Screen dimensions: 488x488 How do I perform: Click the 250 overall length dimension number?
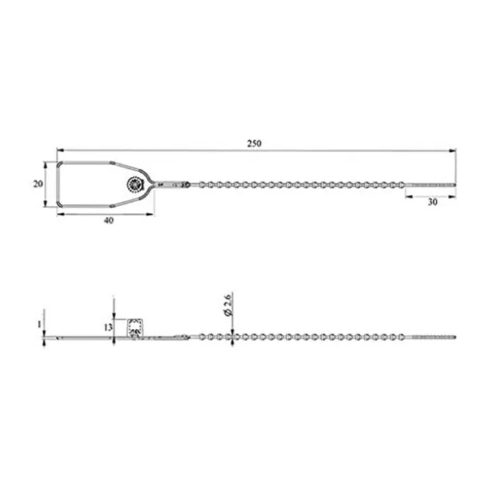[254, 143]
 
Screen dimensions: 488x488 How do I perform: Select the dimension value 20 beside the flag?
[38, 184]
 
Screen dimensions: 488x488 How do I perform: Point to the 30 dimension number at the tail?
[432, 202]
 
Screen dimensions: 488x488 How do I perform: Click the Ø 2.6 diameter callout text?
[228, 304]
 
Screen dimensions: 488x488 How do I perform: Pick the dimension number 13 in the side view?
[108, 327]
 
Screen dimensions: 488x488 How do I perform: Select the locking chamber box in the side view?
[135, 327]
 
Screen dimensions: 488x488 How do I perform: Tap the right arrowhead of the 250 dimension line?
[453, 150]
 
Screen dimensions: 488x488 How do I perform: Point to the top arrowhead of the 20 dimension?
[45, 165]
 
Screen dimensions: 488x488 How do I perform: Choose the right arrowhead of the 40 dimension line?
[152, 213]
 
